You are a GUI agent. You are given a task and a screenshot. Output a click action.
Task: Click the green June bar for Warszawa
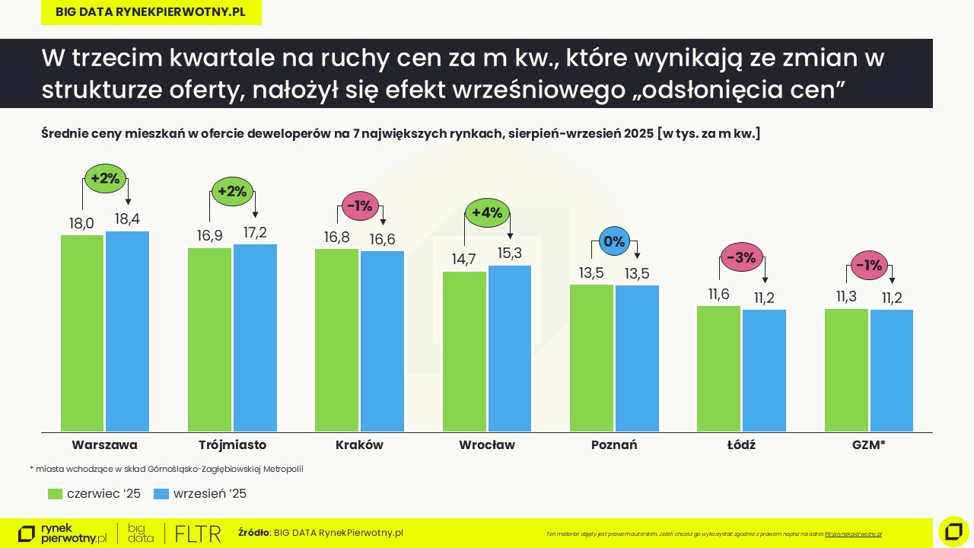pyautogui.click(x=82, y=333)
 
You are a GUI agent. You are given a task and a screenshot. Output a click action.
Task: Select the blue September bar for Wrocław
pyautogui.click(x=510, y=348)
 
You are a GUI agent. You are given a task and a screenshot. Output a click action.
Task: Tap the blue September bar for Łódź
pyautogui.click(x=764, y=370)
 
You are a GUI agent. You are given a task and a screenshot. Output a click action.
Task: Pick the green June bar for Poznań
pyautogui.click(x=591, y=358)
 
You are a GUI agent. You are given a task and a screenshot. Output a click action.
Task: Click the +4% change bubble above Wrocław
pyautogui.click(x=487, y=213)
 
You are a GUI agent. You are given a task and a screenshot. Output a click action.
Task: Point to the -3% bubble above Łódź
pyautogui.click(x=740, y=258)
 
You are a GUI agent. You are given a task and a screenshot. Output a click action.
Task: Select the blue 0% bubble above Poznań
pyautogui.click(x=613, y=242)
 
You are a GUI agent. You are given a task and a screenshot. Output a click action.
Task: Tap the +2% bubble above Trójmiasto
pyautogui.click(x=232, y=192)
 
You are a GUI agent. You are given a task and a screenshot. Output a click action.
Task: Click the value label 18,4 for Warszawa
pyautogui.click(x=127, y=219)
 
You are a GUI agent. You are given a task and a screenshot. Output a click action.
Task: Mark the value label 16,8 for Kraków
pyautogui.click(x=336, y=237)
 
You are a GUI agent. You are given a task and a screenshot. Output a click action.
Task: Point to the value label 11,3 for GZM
pyautogui.click(x=846, y=297)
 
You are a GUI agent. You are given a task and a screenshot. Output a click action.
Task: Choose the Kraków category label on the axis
pyautogui.click(x=359, y=444)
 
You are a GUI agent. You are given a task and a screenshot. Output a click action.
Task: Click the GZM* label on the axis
pyautogui.click(x=868, y=444)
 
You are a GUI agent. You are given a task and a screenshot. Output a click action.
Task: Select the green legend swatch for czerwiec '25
pyautogui.click(x=55, y=494)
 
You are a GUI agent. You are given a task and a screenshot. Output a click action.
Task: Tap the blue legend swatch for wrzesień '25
pyautogui.click(x=161, y=494)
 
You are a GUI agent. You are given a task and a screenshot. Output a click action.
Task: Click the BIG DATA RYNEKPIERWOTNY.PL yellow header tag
pyautogui.click(x=151, y=12)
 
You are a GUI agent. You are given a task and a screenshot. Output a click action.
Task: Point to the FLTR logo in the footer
pyautogui.click(x=198, y=534)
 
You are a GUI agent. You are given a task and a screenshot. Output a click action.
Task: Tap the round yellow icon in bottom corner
pyautogui.click(x=953, y=531)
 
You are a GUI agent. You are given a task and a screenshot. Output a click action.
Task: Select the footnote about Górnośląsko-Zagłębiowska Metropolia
pyautogui.click(x=166, y=469)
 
